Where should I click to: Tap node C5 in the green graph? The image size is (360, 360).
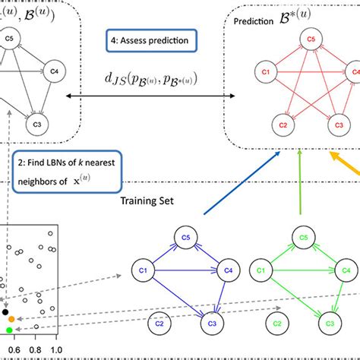(x=303, y=237)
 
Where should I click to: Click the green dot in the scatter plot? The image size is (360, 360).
(x=9, y=330)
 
